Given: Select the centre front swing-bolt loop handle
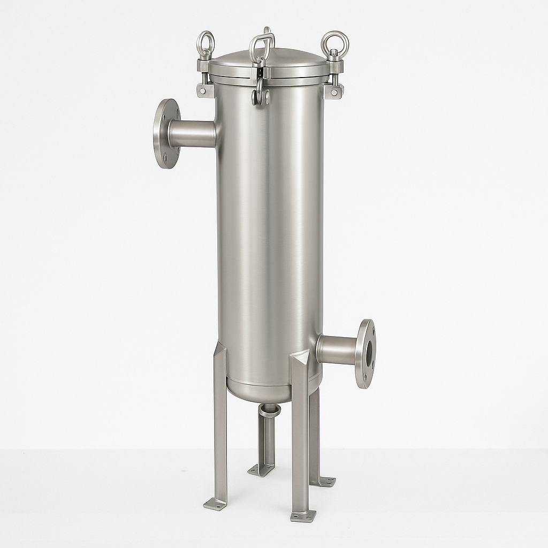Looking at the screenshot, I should pos(262,45).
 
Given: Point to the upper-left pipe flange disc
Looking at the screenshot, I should pos(165,134).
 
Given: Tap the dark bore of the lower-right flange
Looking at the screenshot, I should pos(369,353).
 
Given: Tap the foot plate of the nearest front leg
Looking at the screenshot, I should pos(303,516).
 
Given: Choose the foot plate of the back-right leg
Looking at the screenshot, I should pos(324,481).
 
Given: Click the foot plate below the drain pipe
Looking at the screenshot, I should pos(261,470).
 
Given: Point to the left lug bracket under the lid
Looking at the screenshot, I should pos(205,90).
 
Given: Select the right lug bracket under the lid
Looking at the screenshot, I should pos(334,92).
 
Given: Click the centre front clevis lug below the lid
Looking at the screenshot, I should pos(261,96).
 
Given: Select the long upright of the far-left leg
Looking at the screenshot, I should pos(220,428).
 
